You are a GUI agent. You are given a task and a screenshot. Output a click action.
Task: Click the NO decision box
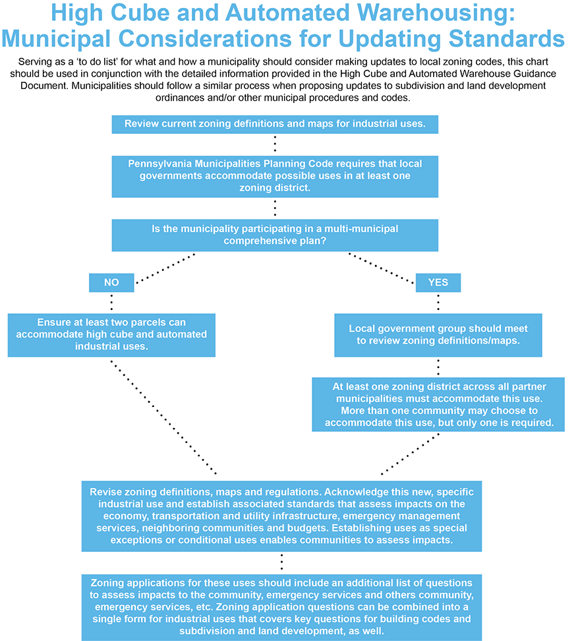pos(111,282)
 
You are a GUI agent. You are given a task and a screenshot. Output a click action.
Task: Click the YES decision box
pos(438,282)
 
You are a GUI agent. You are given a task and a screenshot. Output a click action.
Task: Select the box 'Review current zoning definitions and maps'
pos(275,124)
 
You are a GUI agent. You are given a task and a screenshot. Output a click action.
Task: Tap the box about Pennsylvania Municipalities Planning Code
pos(275,176)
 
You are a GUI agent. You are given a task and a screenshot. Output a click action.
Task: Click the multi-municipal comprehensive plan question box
pos(275,235)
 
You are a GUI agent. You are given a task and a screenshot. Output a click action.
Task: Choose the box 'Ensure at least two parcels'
pos(111,334)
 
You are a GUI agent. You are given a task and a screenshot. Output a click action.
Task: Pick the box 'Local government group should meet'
pos(438,334)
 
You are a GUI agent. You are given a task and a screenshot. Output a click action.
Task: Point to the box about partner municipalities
pos(438,404)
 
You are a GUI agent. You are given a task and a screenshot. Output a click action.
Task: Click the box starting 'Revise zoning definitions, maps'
pos(281,516)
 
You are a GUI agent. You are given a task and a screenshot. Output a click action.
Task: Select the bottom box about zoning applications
pos(281,607)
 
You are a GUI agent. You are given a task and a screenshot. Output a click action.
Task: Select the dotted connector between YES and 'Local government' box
pos(438,303)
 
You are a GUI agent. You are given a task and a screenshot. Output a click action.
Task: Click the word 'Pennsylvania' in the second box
pos(159,164)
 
